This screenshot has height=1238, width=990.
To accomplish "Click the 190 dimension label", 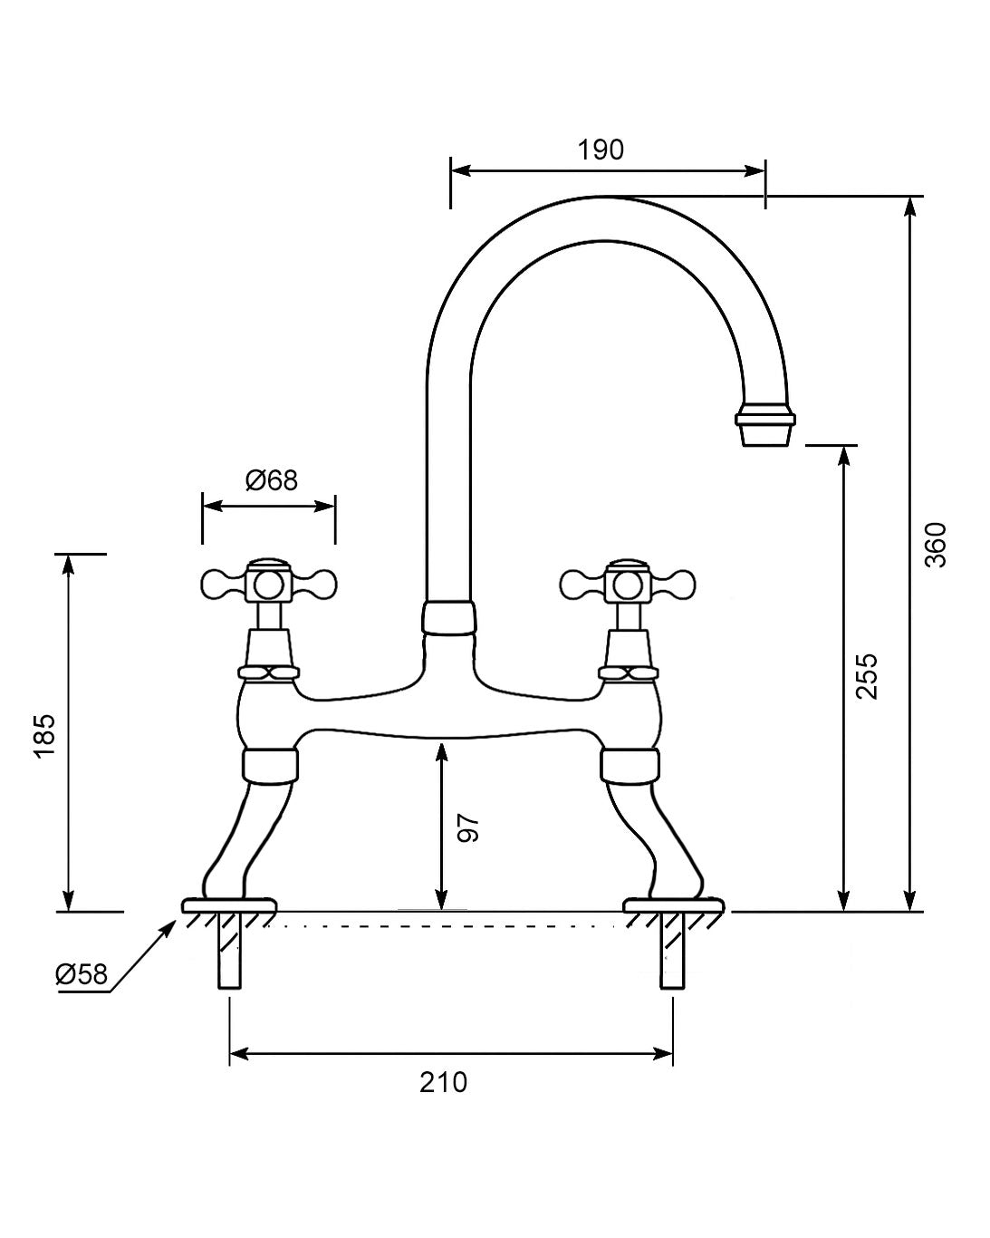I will tap(601, 150).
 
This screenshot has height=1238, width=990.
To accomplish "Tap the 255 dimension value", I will tap(867, 675).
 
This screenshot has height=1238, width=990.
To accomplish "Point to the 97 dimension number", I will tap(467, 827).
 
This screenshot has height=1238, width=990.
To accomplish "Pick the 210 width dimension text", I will tap(444, 1082).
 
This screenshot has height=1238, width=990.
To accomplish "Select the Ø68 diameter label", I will tap(271, 479).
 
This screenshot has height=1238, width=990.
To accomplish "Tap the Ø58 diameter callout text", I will tap(82, 974).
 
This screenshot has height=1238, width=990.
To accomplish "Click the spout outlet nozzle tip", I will tap(766, 428).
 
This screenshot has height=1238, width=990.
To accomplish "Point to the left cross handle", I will tap(268, 584).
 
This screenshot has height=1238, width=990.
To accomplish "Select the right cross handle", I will tap(629, 584).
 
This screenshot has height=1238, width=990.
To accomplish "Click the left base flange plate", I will tap(229, 905).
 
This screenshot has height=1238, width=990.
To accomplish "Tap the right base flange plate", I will tap(674, 905).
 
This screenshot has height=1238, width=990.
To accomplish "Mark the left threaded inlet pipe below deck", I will tap(229, 952).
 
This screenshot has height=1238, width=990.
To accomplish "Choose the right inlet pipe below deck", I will tap(672, 952).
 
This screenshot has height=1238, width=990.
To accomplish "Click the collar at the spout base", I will tap(448, 619).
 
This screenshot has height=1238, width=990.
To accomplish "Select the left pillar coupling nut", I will tap(271, 764).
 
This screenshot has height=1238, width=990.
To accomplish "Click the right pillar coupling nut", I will tap(629, 764).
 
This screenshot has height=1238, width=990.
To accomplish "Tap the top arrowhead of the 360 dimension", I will tap(911, 205).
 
